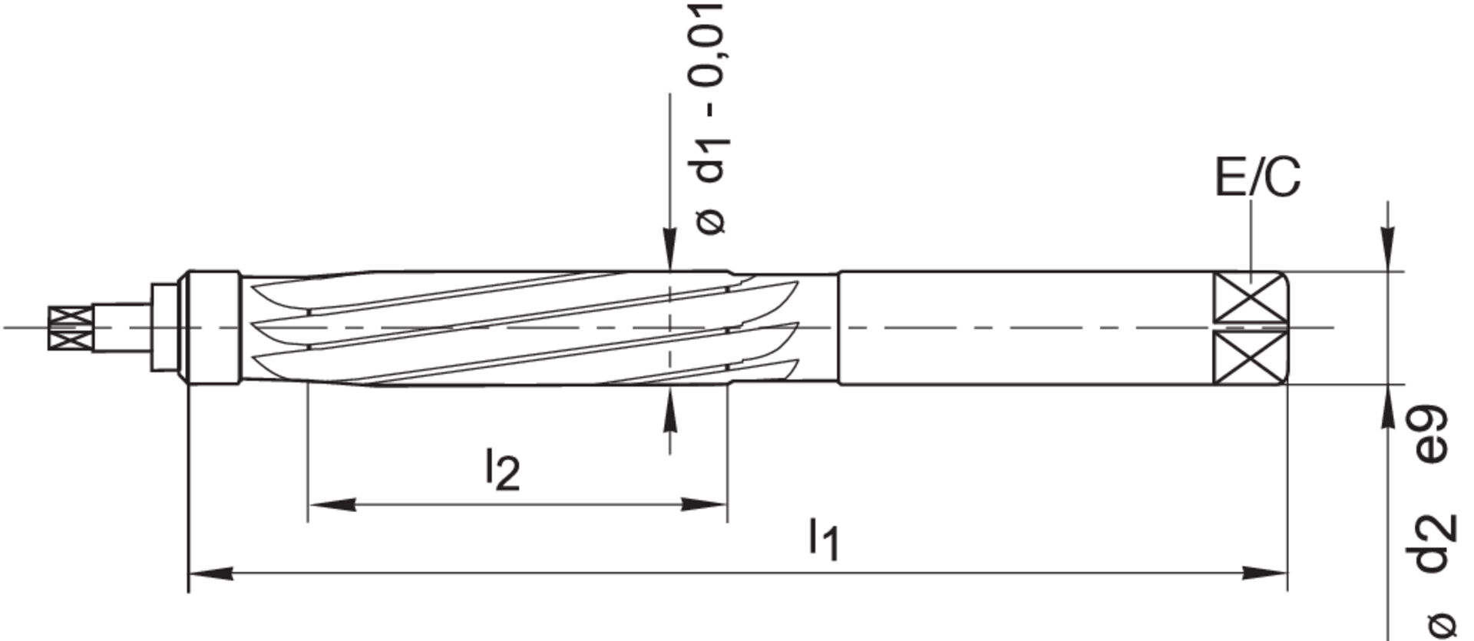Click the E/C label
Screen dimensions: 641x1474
pos(1258,177)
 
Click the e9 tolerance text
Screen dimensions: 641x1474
pos(1433,434)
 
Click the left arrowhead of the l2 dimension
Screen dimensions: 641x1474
pos(330,504)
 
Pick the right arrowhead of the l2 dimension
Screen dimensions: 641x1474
pos(705,504)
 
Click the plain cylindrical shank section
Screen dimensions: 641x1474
pos(1021,328)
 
